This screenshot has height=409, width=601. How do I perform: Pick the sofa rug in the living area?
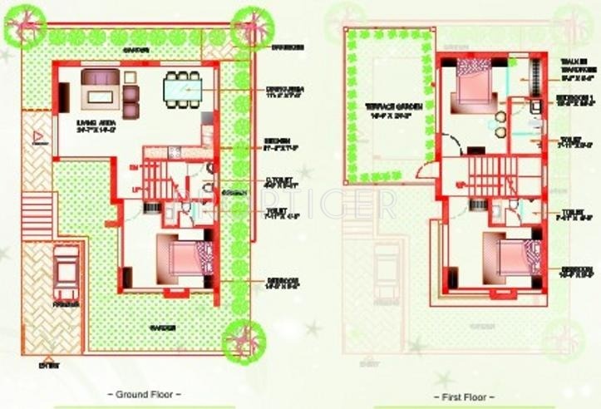pyautogui.click(x=101, y=95)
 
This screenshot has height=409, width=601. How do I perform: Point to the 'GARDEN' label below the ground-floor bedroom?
pyautogui.click(x=162, y=327)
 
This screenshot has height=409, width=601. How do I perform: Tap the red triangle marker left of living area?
pyautogui.click(x=35, y=136)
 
